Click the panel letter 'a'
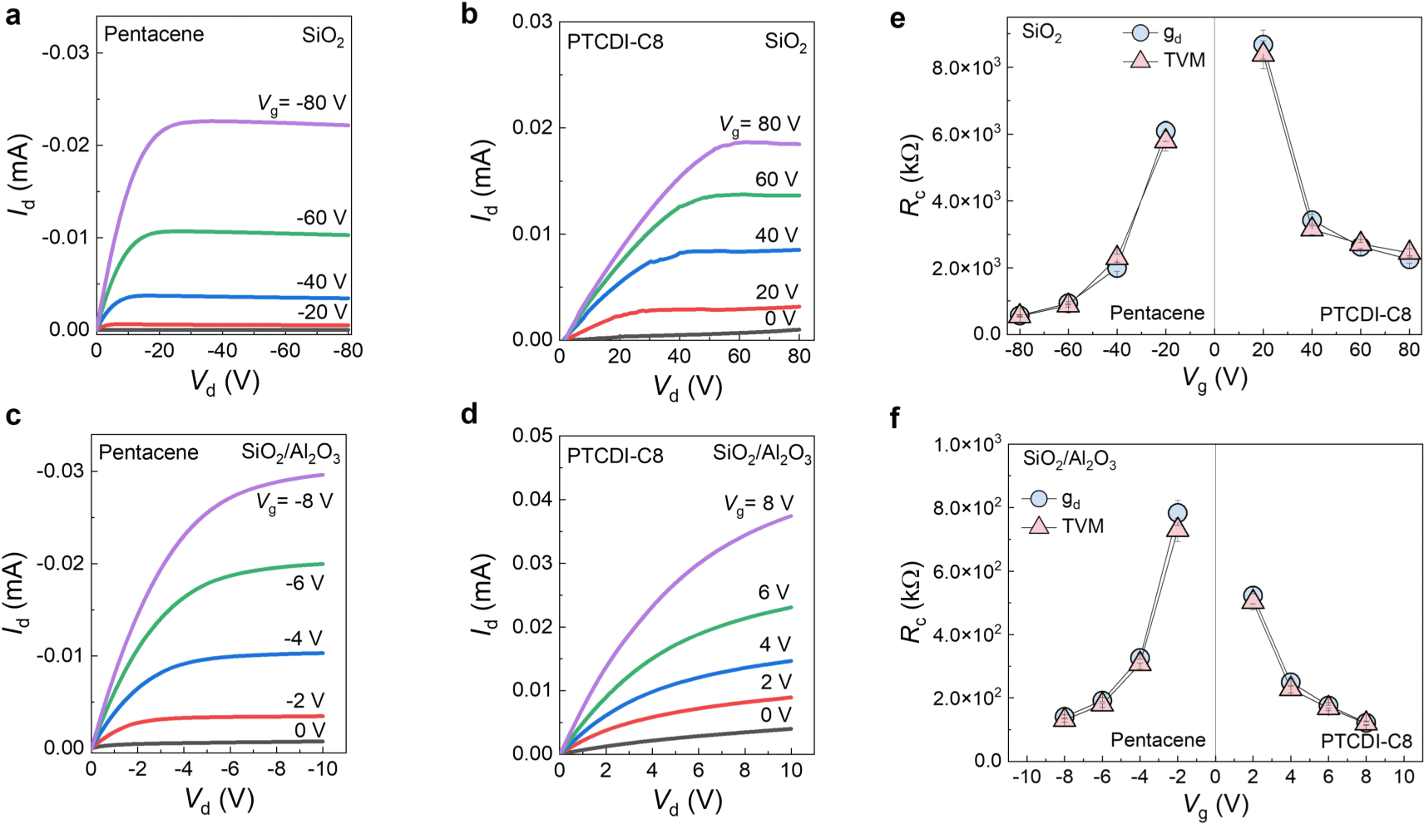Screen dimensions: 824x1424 (12, 16)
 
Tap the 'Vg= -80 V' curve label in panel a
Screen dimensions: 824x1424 (301, 104)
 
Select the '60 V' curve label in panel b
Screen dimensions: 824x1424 (776, 180)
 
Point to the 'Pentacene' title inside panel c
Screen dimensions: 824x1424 (148, 452)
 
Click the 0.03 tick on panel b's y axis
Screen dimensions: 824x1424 (533, 21)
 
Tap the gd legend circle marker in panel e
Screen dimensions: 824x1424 (1140, 33)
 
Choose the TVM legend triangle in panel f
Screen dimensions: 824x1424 (1039, 525)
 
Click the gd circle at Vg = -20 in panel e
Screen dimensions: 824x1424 (1165, 131)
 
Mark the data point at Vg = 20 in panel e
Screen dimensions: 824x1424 (1263, 48)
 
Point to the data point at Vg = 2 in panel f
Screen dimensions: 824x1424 (1253, 597)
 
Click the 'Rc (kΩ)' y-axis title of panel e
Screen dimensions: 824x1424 (912, 175)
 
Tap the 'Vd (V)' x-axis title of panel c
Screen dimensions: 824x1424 (219, 800)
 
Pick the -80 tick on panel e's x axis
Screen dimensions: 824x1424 (1019, 350)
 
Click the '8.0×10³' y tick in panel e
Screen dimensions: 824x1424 (967, 68)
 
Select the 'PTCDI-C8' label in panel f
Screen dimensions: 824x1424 (1366, 741)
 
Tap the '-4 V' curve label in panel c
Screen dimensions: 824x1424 (303, 639)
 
